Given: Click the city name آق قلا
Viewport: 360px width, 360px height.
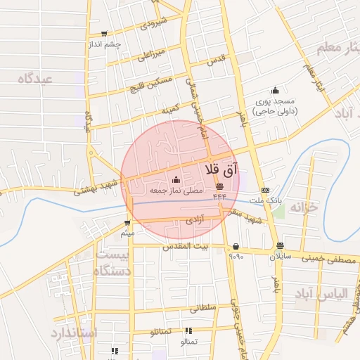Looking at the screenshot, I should tap(222, 169).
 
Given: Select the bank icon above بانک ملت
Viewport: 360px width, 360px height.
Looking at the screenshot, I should tap(265, 191).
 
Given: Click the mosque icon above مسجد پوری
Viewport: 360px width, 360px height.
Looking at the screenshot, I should tap(275, 90).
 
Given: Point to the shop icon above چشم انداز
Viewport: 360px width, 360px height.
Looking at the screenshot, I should tap(105, 34).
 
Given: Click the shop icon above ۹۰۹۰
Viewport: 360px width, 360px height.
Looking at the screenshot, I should tap(235, 246).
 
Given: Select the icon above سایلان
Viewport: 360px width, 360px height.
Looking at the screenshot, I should tap(281, 246).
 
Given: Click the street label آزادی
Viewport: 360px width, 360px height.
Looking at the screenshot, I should tap(193, 220).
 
